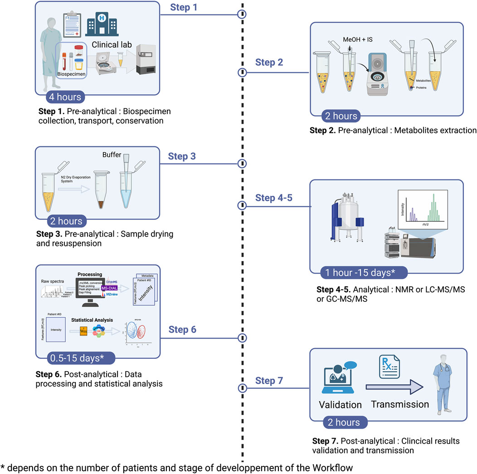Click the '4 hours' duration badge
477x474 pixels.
coord(65,97)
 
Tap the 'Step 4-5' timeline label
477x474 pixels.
coord(275,198)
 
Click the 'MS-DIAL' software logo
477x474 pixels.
coord(112,288)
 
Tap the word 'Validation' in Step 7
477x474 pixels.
coord(340,405)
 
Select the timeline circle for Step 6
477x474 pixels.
coord(242,338)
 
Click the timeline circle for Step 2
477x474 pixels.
coord(242,72)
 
